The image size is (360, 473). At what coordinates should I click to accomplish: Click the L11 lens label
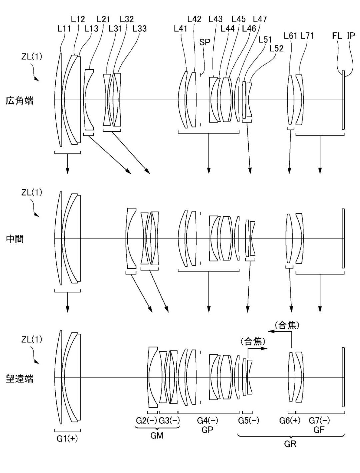pyautogui.click(x=64, y=29)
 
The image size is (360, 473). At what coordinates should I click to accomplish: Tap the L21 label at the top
pyautogui.click(x=103, y=19)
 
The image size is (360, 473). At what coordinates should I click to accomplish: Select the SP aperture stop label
pyautogui.click(x=204, y=42)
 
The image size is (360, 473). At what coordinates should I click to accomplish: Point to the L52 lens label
pyautogui.click(x=276, y=49)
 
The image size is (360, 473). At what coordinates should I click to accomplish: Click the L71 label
pyautogui.click(x=307, y=36)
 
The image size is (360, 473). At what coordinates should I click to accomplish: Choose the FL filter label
pyautogui.click(x=337, y=36)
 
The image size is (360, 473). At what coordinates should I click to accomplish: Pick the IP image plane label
pyautogui.click(x=351, y=36)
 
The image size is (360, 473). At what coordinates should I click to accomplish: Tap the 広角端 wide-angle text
pyautogui.click(x=20, y=101)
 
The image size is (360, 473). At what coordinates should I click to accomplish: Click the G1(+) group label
pyautogui.click(x=67, y=439)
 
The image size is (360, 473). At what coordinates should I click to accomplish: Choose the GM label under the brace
pyautogui.click(x=157, y=436)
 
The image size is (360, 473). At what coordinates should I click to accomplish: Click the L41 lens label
pyautogui.click(x=181, y=29)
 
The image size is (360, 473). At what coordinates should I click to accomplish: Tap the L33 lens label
pyautogui.click(x=139, y=29)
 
